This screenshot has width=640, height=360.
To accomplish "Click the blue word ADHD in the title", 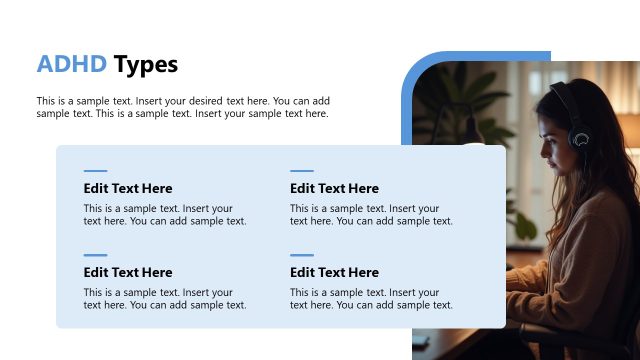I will coord(71,65).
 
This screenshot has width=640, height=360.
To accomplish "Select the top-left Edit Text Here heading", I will coord(128,188).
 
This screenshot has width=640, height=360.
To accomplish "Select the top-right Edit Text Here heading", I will coord(334,188).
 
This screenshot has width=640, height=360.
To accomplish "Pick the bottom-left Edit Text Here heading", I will coord(128,272).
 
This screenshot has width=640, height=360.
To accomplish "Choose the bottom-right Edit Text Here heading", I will coord(334,272).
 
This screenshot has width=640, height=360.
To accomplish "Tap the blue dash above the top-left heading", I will coord(95,171).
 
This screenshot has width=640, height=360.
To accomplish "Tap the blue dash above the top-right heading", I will coord(301,171).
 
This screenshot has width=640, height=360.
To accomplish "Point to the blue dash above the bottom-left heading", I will coord(95,255).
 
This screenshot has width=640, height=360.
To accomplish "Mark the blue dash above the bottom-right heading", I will coord(301,255).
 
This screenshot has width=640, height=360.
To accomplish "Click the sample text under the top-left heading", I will coord(165,215).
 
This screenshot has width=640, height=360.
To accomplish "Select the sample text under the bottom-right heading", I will coord(371,299).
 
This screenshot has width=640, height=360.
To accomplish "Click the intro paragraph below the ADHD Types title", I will coord(183,107).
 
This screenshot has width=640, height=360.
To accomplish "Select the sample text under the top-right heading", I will coord(371,215).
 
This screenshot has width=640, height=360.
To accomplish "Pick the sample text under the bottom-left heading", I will coord(165,299).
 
